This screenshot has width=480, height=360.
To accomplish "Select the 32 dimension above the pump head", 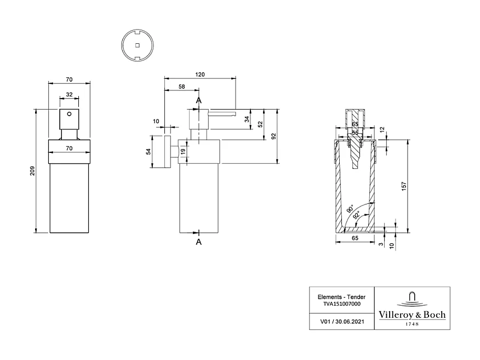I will coord(69,95).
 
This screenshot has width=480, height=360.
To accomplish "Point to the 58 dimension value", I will coord(181,87).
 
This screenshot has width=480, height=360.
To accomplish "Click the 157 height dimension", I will coord(404,186).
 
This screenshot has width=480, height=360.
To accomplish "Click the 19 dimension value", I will coord(183,152).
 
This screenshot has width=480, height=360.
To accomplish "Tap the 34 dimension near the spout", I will coord(247,119).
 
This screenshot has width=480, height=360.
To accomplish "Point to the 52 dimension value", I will coord(261,125).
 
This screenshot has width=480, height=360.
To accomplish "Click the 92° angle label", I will coord(357,215).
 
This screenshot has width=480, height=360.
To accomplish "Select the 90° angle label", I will coord(350,209).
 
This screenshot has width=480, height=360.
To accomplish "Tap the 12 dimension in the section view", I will coord(398,129).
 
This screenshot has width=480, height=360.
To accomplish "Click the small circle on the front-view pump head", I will coord(69,115).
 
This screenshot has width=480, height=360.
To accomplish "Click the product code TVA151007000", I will coord(341,304).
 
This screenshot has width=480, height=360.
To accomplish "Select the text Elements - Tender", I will coord(341,297).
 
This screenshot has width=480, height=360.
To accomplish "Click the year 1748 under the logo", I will coord(412,324).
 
